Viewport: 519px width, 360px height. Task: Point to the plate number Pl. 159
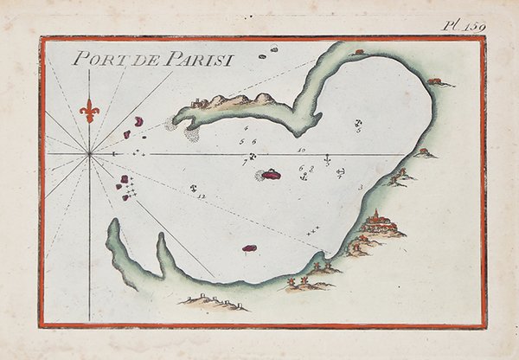click(464, 25)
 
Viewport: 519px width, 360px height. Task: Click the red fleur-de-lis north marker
click(89, 110)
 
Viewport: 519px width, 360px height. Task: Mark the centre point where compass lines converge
click(89, 154)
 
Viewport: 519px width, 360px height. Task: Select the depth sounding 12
click(202, 198)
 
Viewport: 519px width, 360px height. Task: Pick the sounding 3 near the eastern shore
click(359, 187)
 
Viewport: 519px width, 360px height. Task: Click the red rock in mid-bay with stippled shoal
click(271, 174)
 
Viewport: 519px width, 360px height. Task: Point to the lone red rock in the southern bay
click(249, 249)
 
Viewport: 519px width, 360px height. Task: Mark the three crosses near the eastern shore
click(312, 229)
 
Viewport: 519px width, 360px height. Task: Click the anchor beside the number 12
click(194, 187)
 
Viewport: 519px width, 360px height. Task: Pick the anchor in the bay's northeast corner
click(358, 124)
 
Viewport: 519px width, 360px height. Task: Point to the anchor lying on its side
click(340, 172)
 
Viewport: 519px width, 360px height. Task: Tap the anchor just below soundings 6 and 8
click(304, 177)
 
